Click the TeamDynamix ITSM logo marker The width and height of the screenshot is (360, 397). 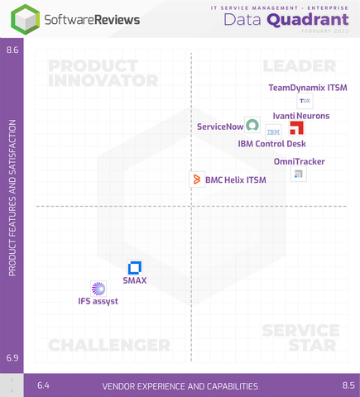[305, 100]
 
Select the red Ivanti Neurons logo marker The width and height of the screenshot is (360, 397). [296, 128]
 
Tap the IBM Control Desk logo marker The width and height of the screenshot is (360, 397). [273, 132]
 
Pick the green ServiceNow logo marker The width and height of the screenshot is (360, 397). [252, 126]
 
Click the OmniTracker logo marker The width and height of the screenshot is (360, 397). [299, 174]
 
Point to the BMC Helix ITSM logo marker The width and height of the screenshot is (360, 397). [198, 179]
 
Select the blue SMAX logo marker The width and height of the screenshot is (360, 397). [135, 267]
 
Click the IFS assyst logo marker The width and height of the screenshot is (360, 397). [98, 288]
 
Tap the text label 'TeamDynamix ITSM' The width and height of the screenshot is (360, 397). [308, 87]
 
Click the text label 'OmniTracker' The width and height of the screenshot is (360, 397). [299, 161]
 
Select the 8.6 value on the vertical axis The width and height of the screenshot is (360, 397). [12, 50]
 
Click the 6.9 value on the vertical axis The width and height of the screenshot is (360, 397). [12, 357]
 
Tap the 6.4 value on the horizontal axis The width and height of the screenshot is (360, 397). [44, 385]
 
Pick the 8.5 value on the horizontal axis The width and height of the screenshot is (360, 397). [348, 385]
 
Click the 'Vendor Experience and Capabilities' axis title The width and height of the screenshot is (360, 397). [180, 386]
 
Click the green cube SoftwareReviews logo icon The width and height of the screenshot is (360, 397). [29, 18]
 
